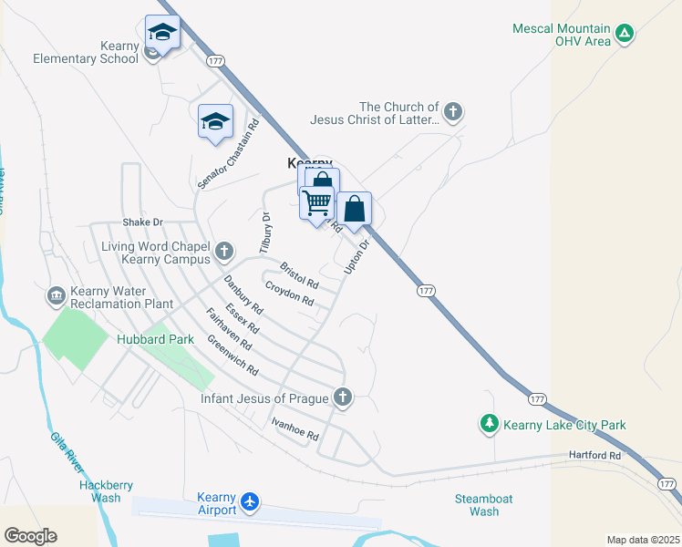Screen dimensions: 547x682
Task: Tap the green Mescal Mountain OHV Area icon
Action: [624, 35]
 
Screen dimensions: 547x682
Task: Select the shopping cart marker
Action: [316, 202]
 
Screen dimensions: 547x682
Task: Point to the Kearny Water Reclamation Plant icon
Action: [55, 295]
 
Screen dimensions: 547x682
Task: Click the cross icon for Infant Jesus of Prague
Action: [343, 397]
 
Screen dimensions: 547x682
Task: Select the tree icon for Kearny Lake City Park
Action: [490, 424]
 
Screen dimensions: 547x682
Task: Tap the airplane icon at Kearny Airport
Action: [250, 501]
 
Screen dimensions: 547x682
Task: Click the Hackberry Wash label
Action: [99, 491]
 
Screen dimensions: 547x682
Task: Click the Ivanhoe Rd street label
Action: [294, 428]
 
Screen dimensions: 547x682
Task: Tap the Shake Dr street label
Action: [142, 222]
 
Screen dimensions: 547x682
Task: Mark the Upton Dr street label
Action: [356, 256]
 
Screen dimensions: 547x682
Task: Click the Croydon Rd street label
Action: [289, 294]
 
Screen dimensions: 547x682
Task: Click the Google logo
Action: [30, 536]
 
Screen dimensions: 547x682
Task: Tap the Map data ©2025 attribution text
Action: [642, 540]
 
